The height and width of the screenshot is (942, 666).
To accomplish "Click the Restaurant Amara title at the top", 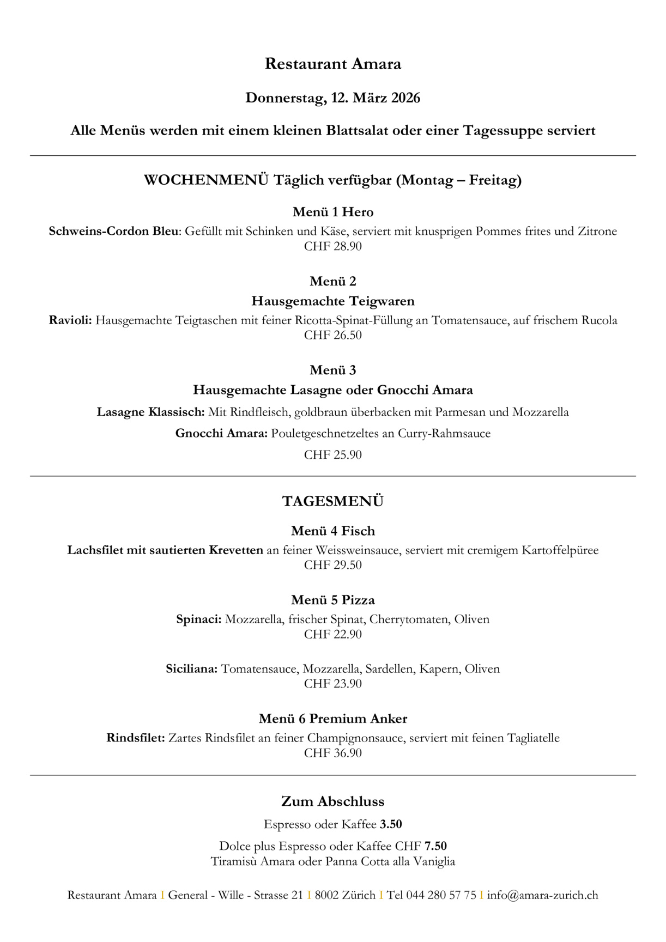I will [333, 64].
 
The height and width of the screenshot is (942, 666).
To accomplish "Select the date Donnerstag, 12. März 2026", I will [333, 98].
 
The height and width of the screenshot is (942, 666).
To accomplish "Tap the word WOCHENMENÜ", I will [206, 180].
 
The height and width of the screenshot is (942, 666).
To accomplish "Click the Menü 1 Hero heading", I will [333, 212].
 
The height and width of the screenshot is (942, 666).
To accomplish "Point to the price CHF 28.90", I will [333, 246].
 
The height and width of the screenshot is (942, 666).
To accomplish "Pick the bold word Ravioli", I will [70, 320].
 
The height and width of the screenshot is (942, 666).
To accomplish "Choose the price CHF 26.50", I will [333, 335].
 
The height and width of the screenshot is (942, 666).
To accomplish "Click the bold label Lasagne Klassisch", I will [150, 412].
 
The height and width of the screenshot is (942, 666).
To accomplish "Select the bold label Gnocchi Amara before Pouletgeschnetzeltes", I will [221, 434].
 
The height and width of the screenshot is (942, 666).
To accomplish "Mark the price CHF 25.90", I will [333, 455].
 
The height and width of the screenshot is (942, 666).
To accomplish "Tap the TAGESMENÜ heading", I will [333, 502].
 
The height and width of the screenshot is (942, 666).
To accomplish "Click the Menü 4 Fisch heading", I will [333, 531].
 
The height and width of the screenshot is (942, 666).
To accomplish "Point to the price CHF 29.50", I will [333, 565].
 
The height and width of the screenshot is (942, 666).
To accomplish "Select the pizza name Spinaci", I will [199, 619].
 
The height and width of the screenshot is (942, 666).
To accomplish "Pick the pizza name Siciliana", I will [192, 669].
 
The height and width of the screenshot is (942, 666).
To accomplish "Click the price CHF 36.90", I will [333, 753].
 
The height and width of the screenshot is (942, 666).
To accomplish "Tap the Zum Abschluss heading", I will [333, 801].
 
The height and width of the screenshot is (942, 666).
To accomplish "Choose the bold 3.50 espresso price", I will [391, 824].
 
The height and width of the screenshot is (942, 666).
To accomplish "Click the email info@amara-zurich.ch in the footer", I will [543, 895].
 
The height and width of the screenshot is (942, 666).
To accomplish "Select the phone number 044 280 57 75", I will [441, 895].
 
